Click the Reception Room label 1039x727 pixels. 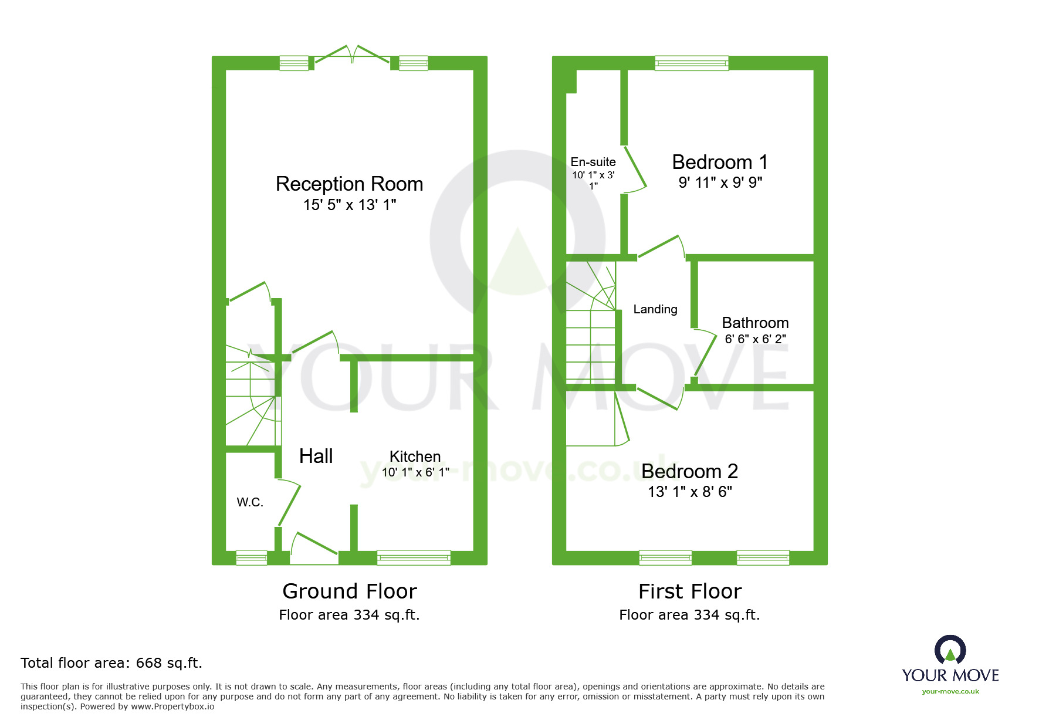point(349,184)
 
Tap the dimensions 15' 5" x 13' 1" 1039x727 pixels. point(349,205)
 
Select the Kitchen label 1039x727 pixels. point(415,457)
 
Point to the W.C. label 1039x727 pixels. point(250,502)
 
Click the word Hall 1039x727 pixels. point(316,456)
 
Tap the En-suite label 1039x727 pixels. point(593,162)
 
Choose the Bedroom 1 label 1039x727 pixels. point(719,162)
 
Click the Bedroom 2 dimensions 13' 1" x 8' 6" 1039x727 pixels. point(689,492)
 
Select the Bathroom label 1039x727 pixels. point(755,323)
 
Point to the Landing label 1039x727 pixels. point(655,309)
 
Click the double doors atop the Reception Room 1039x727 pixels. point(352,55)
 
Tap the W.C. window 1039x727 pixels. point(251,557)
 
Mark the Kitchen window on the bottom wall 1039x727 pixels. point(414,557)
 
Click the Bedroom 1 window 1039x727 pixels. point(692,63)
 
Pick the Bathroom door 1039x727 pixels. point(705,353)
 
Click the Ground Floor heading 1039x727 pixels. point(350,591)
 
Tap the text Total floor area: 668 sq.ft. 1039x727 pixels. point(111,663)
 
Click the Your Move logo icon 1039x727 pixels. point(950,650)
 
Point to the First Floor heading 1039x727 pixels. point(690,591)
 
